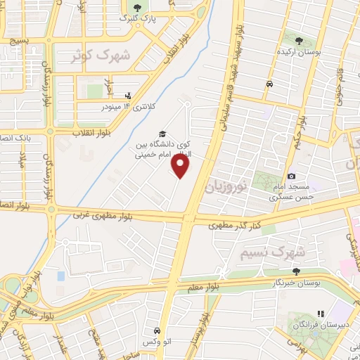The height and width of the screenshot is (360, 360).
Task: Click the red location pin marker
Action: (x=181, y=166)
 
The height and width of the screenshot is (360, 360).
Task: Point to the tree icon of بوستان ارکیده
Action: (x=300, y=42)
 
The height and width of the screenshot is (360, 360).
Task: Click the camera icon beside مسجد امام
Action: (x=291, y=176)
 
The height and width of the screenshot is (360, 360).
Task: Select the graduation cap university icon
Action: (x=162, y=134)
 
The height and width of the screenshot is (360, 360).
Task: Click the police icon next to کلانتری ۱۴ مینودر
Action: (x=127, y=95)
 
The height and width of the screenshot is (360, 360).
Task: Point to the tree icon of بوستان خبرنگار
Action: (x=296, y=271)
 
